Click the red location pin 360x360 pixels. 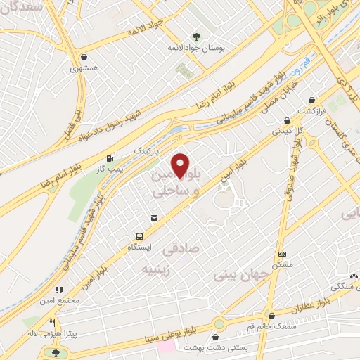click(x=181, y=165)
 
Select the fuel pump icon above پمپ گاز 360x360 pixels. click(x=109, y=158)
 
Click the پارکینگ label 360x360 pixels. click(x=147, y=150)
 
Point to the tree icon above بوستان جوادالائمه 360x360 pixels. click(x=196, y=36)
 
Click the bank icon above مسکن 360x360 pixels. click(x=283, y=255)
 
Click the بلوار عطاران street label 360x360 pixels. click(x=306, y=308)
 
